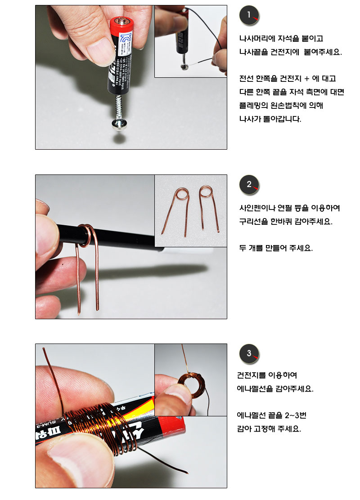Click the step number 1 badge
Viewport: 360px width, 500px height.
tap(249, 15)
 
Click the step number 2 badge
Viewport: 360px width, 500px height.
tap(249, 184)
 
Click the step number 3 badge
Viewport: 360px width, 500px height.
tap(249, 353)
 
